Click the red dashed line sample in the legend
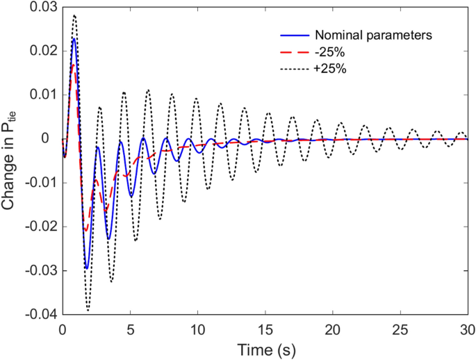[294, 52]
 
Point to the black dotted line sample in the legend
[294, 69]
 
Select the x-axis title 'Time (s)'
[265, 348]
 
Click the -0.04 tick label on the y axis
[40, 314]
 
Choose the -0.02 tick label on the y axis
[40, 227]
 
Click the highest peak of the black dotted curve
[74, 15]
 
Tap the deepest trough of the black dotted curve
[88, 310]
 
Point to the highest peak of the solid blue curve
[74, 39]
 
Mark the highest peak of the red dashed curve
[74, 65]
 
